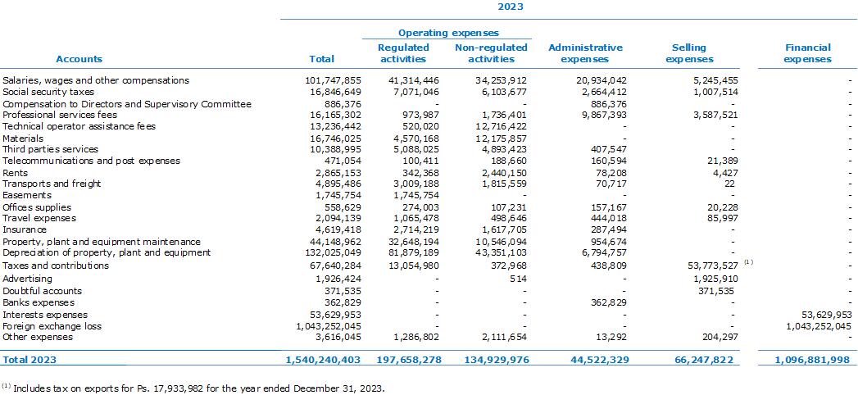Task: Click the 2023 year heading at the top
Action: (x=510, y=7)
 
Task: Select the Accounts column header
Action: (x=79, y=59)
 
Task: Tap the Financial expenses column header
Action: (x=807, y=53)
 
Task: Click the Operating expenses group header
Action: (x=448, y=34)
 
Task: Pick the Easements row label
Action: (x=27, y=195)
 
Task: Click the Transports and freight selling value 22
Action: (x=729, y=184)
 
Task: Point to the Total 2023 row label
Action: (x=30, y=360)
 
